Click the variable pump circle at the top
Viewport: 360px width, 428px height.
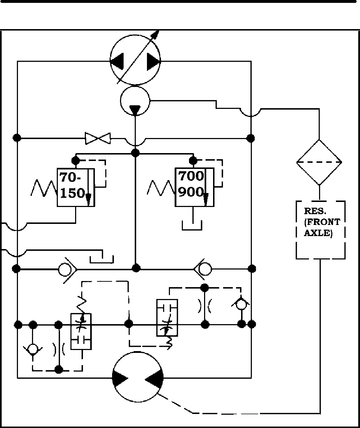pos(135,60)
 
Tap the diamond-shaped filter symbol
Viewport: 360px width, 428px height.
pos(319,162)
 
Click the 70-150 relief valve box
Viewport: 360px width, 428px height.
pos(76,187)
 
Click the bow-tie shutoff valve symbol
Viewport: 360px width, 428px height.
pos(98,138)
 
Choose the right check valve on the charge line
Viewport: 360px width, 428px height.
pos(203,268)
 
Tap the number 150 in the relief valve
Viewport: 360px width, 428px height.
pos(72,193)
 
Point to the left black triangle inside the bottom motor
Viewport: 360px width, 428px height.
pos(120,378)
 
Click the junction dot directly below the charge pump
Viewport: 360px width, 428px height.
pos(135,153)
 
